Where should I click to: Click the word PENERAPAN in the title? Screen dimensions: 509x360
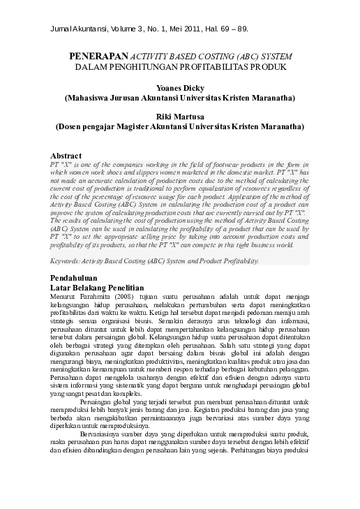[x=97, y=54]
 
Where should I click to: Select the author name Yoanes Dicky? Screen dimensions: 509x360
[x=180, y=88]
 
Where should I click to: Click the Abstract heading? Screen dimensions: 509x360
[x=68, y=154]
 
